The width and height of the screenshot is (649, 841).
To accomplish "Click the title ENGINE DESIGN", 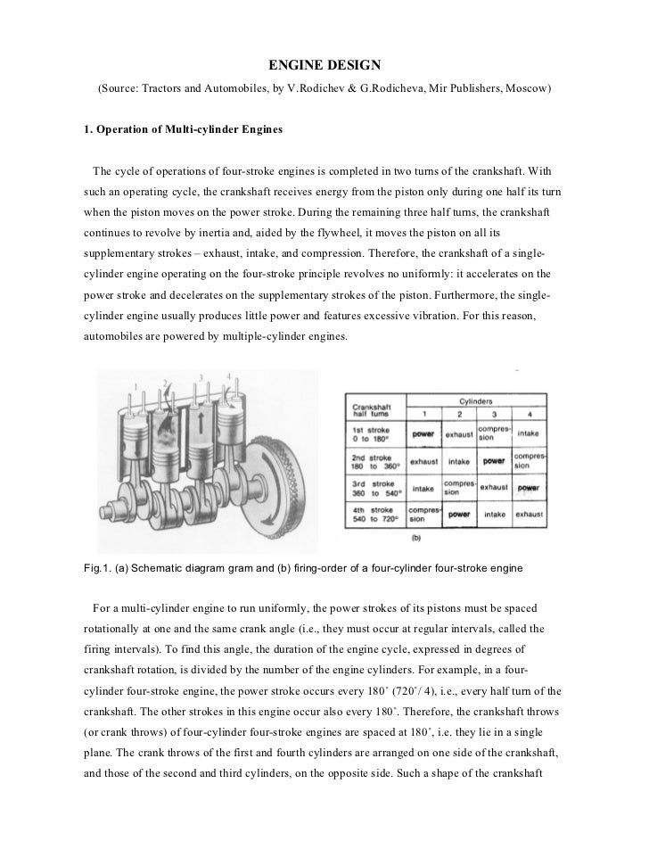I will (x=324, y=65).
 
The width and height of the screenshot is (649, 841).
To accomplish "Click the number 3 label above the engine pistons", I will (x=201, y=377).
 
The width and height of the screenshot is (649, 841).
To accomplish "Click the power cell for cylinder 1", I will (x=423, y=434).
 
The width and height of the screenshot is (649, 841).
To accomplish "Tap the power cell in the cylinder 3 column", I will (x=493, y=461).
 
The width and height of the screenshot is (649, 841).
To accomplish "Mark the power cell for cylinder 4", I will (x=529, y=488).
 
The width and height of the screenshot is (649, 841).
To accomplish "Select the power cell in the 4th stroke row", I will (x=459, y=515).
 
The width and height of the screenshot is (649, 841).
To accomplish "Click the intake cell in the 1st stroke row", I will (x=529, y=434).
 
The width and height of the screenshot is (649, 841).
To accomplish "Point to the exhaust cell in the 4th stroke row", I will (x=529, y=515).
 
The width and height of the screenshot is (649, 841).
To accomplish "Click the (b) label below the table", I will (x=416, y=538).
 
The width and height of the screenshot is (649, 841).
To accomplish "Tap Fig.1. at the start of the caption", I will (x=94, y=568).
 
